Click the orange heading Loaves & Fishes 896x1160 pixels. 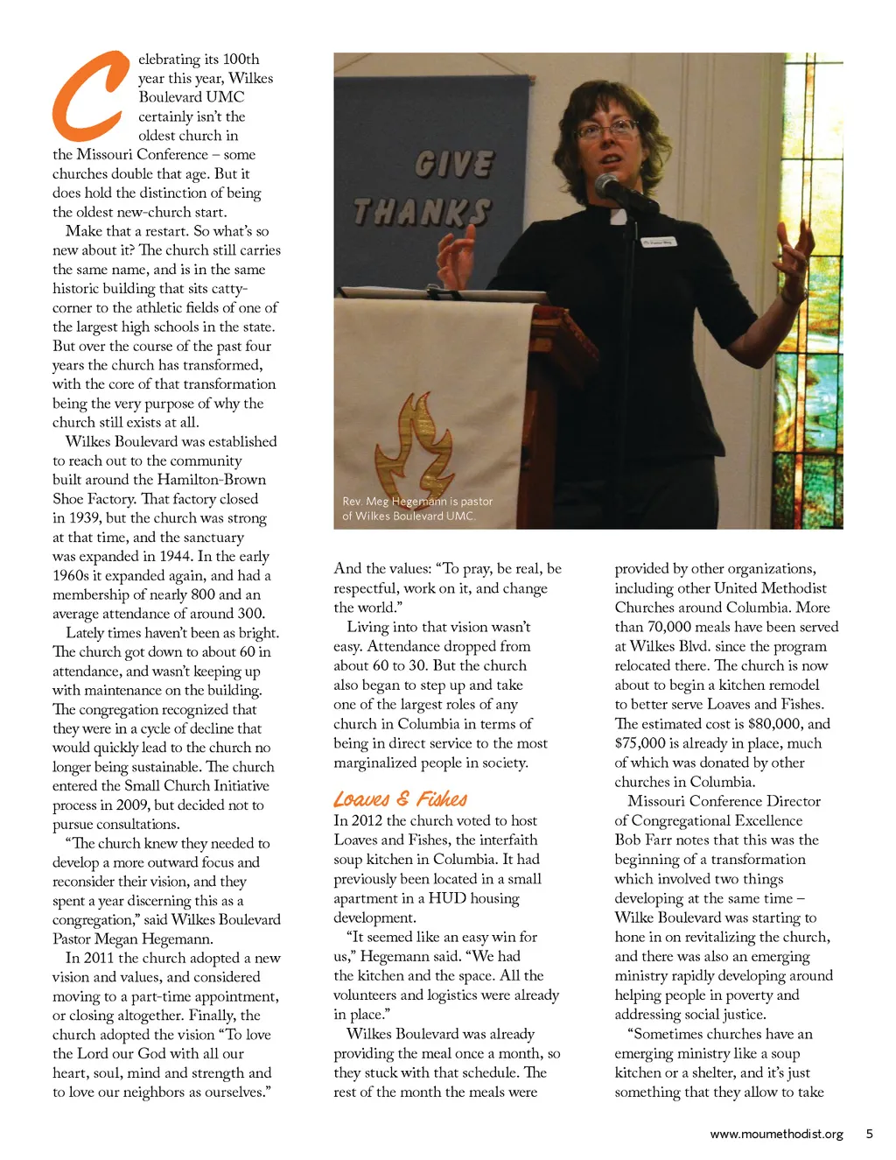coord(400,798)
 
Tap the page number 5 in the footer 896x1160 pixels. coord(869,1134)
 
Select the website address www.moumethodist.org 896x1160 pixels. coord(776,1134)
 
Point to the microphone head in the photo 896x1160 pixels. coord(608,184)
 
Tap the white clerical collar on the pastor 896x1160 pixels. coord(619,216)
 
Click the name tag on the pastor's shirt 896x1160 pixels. coord(657,242)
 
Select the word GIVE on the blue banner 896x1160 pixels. coord(454,165)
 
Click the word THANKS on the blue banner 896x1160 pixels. coord(421,212)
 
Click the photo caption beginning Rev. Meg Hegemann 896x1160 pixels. coord(416,509)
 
